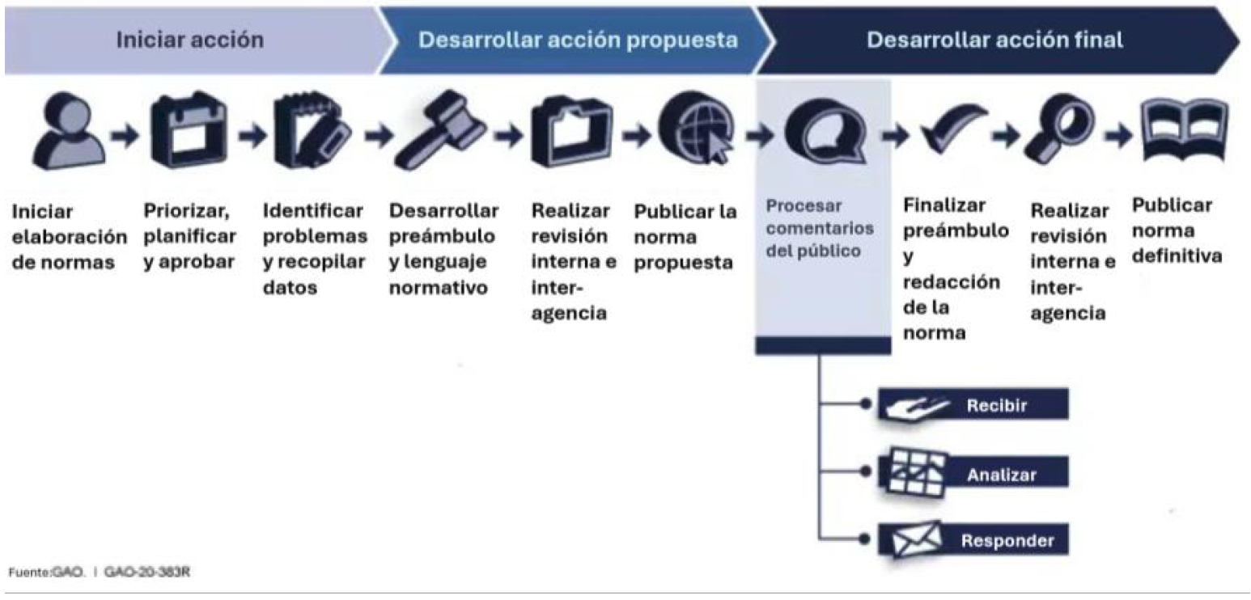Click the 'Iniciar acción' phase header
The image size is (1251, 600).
(x=190, y=40)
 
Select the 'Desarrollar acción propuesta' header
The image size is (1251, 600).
(x=578, y=40)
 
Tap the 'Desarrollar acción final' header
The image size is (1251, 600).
(x=994, y=40)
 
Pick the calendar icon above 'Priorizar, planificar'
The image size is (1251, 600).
(x=189, y=130)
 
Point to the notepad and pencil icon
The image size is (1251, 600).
(x=312, y=130)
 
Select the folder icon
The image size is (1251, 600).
(x=571, y=132)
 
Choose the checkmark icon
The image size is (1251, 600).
(x=952, y=129)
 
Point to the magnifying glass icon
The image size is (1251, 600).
(x=1059, y=129)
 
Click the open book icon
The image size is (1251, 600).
(x=1184, y=129)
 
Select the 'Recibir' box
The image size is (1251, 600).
(x=973, y=404)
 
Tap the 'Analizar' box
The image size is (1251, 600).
(x=973, y=472)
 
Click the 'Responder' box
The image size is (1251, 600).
(x=973, y=539)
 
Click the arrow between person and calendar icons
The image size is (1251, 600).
(x=125, y=134)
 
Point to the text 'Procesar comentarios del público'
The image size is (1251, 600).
(x=819, y=228)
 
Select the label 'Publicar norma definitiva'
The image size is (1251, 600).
(x=1177, y=230)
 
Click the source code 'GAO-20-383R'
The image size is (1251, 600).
(x=147, y=572)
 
